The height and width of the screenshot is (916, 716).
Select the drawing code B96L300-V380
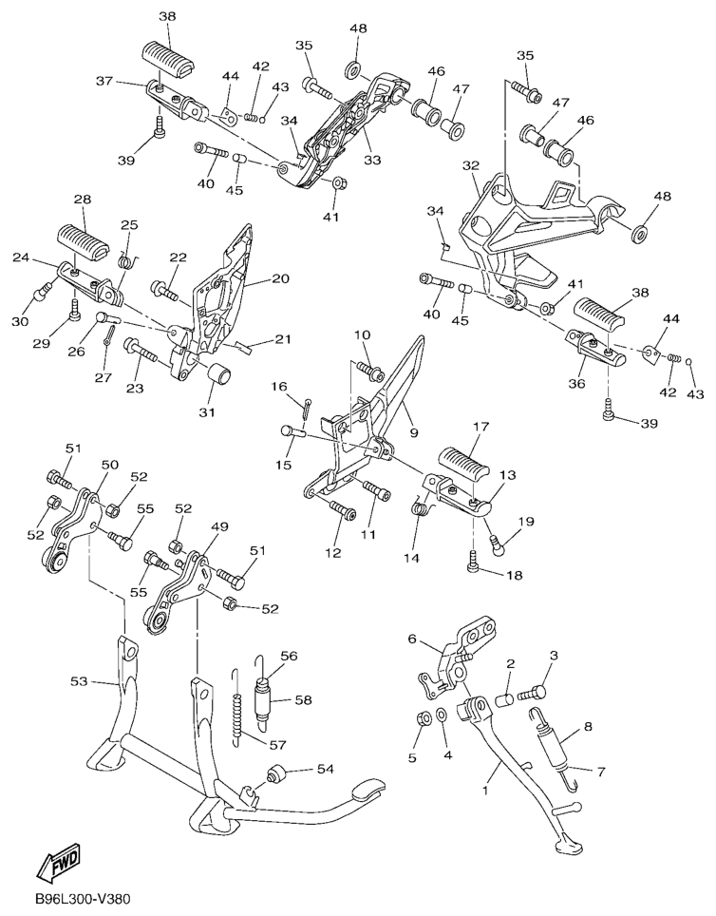point(82,898)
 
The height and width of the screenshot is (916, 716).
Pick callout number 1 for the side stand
point(485,791)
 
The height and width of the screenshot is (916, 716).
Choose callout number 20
point(280,279)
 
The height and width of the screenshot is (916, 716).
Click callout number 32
point(471,166)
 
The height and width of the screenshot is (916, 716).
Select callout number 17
point(481,427)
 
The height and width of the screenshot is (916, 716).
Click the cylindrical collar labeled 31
point(220,373)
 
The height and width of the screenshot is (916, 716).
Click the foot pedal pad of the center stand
point(365,790)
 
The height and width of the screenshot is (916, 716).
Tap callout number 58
point(304,700)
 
